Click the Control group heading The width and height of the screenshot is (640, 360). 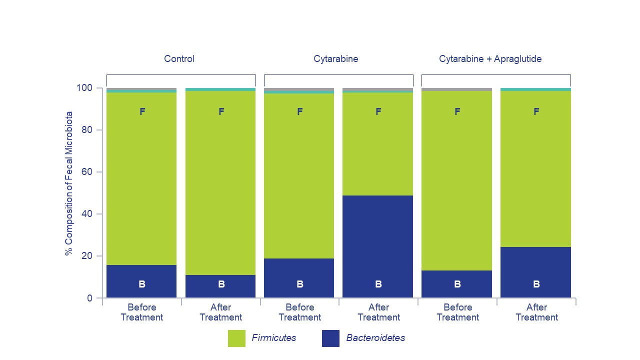(x=179, y=59)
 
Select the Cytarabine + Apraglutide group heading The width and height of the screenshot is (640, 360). (x=490, y=59)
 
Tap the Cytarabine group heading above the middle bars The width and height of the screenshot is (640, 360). (x=335, y=59)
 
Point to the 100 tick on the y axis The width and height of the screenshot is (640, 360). (x=84, y=88)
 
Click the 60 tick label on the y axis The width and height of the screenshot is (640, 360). (x=86, y=172)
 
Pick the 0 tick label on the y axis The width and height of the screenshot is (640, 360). (x=89, y=298)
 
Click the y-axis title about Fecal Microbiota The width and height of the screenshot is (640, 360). (x=68, y=183)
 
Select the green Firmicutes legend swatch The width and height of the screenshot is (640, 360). (x=236, y=338)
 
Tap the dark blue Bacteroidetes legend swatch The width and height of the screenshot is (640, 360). (x=330, y=338)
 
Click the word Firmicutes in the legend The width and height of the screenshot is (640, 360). (x=273, y=338)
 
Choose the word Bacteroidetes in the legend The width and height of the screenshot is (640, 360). (x=375, y=338)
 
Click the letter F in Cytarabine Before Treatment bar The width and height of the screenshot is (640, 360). (x=299, y=112)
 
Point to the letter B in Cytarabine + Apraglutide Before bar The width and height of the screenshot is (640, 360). (x=457, y=284)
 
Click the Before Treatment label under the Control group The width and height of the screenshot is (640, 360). (x=141, y=312)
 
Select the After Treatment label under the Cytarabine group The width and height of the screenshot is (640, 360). (x=378, y=312)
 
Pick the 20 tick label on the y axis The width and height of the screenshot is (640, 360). (x=86, y=256)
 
